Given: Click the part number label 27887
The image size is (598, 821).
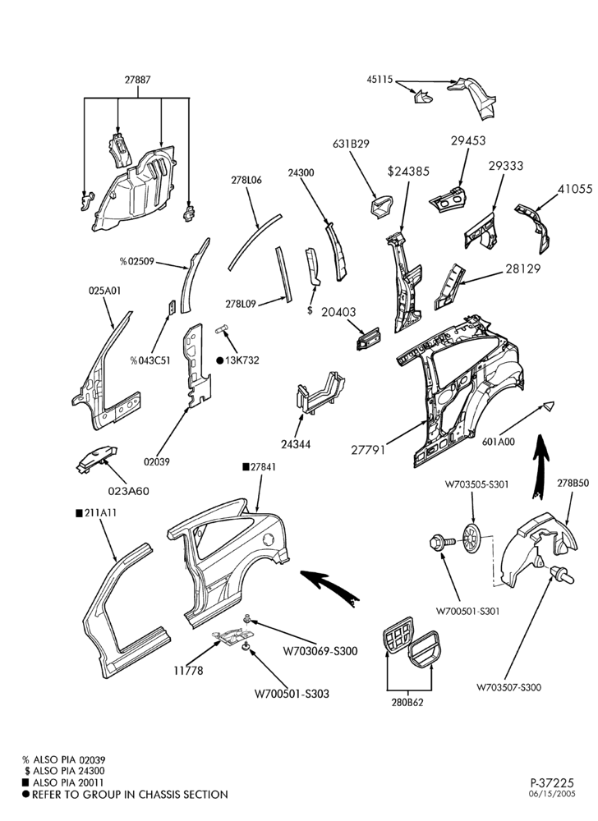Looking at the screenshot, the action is pos(138,80).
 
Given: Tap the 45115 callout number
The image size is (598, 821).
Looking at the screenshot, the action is pos(379,80).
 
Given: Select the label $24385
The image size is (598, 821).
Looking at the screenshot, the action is pos(408,172).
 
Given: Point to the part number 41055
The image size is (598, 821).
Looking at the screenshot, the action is pos(575,189).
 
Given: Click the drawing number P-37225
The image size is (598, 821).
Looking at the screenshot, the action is pos(553,783).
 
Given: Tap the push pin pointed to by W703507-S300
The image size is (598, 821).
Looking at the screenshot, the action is pos(563,575).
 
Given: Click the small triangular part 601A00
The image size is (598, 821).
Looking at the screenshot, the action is pos(547,406).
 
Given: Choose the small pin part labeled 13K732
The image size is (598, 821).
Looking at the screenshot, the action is pos(223,329).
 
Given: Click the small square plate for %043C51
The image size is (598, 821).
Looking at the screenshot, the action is pos(171,308).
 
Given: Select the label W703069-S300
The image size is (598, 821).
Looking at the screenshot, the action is pos(320,651).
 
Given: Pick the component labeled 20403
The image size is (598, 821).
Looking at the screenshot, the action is pos(369,338).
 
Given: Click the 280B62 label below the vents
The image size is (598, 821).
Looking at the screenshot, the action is pos(408,703).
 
